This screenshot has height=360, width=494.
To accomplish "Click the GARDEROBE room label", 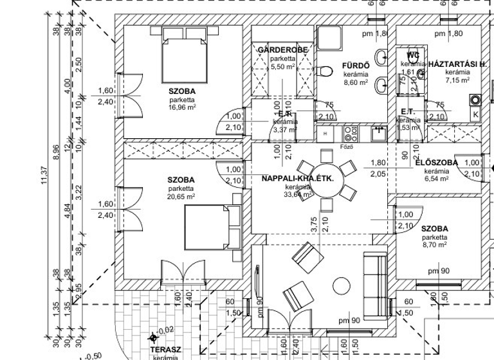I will tap(283, 50).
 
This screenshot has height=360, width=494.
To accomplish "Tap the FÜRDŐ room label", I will tap(354, 66).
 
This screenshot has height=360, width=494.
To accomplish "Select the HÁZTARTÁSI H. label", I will tap(457, 64).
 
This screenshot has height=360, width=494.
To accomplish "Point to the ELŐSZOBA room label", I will tap(436, 163).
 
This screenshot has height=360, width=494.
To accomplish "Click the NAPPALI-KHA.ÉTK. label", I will tap(297, 179).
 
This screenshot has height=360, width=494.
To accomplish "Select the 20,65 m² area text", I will tap(182, 197).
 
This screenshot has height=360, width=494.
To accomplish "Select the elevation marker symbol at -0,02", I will tap(153, 337).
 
